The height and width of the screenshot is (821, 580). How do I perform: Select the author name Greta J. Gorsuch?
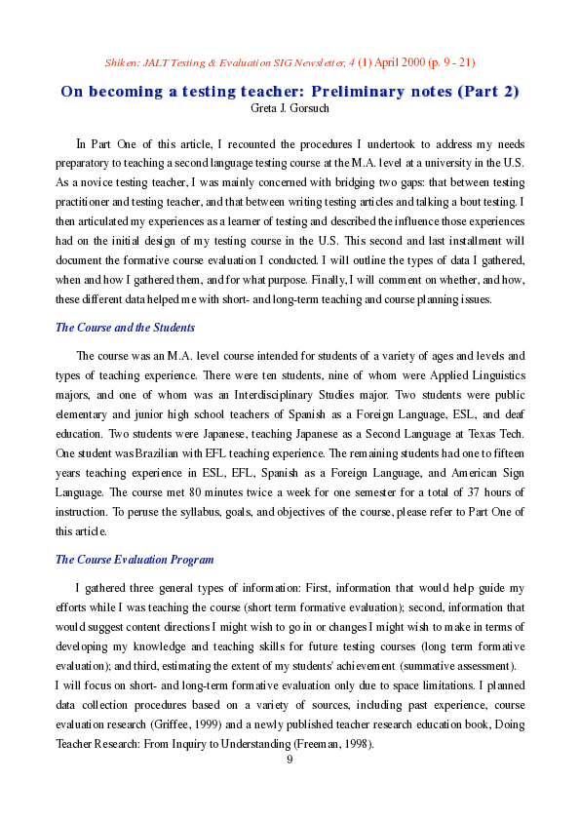click(290, 108)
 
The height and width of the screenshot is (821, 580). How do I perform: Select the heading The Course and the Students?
click(125, 328)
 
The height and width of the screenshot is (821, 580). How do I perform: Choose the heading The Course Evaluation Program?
click(135, 560)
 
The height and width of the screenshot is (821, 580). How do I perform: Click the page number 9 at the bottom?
click(290, 760)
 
